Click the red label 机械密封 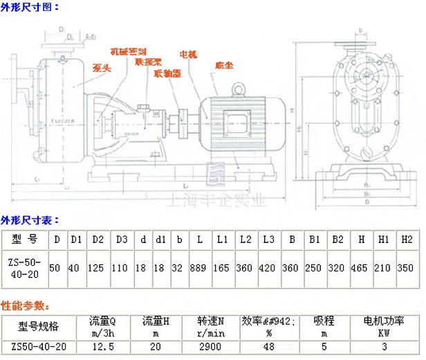129,52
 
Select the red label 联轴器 167,72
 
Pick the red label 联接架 148,61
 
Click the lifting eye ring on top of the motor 239,89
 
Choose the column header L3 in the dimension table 268,239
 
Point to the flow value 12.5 102,346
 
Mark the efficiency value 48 268,346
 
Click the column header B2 337,239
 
